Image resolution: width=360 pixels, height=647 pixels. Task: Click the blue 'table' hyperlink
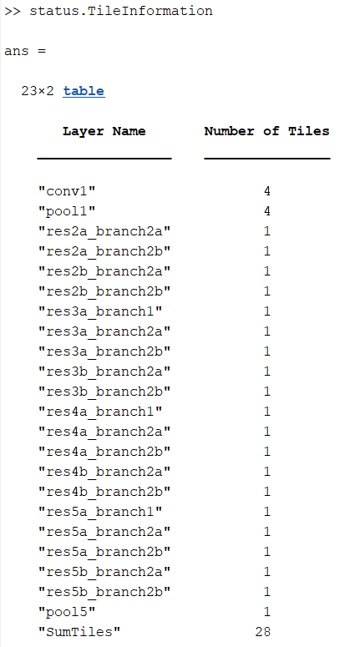click(x=84, y=91)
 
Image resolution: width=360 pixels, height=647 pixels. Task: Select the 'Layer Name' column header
click(x=104, y=131)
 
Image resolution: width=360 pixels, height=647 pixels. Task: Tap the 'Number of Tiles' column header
click(x=266, y=131)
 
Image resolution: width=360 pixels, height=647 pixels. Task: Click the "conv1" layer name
click(x=67, y=191)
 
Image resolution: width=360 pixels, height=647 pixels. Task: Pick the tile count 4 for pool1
click(x=267, y=211)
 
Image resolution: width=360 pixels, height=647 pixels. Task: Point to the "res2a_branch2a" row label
click(x=104, y=231)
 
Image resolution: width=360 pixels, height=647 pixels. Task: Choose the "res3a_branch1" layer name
click(x=100, y=311)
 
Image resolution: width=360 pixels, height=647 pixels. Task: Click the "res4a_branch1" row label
click(x=100, y=412)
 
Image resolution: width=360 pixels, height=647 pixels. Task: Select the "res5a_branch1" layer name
click(x=100, y=512)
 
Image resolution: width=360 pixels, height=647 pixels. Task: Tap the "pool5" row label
click(x=67, y=612)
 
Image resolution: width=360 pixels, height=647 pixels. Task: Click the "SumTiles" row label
click(x=79, y=632)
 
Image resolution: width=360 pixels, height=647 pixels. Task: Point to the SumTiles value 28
click(x=263, y=632)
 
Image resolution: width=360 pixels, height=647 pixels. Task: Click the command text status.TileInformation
click(x=121, y=11)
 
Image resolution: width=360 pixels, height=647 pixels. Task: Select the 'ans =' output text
click(x=25, y=51)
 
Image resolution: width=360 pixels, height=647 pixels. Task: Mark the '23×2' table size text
click(x=38, y=91)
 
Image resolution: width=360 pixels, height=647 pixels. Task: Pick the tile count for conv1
click(x=267, y=191)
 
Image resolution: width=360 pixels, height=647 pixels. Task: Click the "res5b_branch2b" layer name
click(x=104, y=592)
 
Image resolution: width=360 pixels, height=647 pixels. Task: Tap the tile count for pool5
click(x=267, y=612)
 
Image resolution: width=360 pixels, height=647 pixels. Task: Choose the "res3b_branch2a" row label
click(x=104, y=372)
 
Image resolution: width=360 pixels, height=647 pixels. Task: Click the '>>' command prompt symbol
click(x=13, y=11)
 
